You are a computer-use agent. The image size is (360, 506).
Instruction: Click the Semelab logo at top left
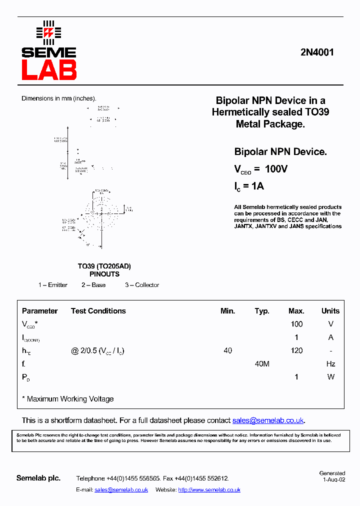48,51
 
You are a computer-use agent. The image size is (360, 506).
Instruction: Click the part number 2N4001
317,52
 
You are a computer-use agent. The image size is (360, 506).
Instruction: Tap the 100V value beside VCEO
276,169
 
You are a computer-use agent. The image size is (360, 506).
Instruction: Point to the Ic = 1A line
249,186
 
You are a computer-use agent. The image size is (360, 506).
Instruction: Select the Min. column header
227,311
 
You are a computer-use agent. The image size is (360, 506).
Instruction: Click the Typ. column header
262,311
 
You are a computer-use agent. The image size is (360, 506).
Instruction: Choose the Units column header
330,311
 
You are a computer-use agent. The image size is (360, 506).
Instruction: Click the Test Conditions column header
98,311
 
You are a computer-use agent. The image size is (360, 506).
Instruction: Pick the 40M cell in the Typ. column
262,364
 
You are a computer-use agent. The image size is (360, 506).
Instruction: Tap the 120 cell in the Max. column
296,350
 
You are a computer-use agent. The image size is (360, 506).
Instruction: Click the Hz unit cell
330,364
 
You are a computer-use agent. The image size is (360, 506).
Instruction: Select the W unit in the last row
330,377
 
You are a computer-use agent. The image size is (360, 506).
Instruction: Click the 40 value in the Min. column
227,350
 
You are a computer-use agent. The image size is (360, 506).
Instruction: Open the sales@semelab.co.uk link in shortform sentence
268,420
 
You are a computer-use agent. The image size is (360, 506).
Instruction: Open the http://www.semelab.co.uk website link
209,490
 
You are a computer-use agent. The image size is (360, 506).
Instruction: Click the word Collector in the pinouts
147,285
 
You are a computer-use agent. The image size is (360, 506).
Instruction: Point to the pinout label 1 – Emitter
53,285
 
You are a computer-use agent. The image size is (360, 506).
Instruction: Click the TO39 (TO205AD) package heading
104,266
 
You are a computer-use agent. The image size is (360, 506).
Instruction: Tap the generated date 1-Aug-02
333,479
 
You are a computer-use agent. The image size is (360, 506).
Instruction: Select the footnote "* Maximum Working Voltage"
67,399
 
